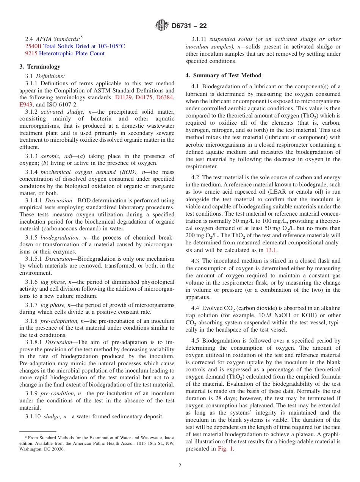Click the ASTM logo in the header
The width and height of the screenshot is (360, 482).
coord(162,26)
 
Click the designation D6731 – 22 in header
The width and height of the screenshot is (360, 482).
coord(189,26)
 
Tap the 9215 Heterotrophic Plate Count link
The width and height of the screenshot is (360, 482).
coord(65,53)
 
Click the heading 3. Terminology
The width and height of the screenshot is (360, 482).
coord(40,67)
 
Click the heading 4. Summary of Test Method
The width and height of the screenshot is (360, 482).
coord(223,75)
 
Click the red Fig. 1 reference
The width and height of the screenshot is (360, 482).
coord(225,449)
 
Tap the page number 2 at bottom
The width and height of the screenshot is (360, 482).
coord(180,466)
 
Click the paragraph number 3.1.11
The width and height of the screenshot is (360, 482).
coord(199,39)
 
